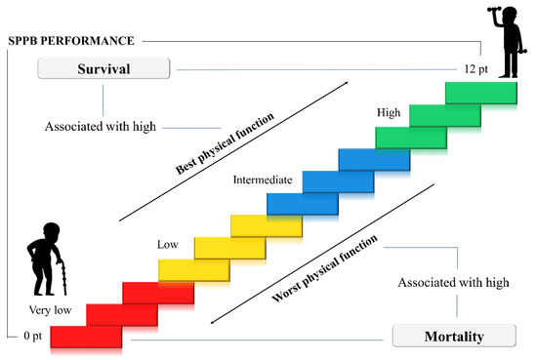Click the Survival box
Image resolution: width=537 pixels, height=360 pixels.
(x=103, y=69)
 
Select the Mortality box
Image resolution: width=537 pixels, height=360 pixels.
(x=452, y=338)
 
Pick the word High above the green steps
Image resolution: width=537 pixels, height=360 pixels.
(x=389, y=114)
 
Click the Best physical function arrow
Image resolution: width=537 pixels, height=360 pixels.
(x=234, y=153)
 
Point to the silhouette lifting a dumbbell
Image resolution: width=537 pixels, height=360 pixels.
(x=506, y=44)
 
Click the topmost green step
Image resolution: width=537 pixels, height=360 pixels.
(x=480, y=93)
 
